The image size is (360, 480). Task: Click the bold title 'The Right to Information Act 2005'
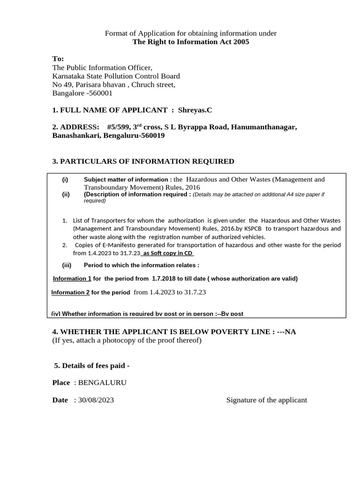[x=191, y=42]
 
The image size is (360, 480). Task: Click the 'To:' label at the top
[x=58, y=59]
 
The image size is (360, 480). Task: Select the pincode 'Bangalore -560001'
[x=82, y=93]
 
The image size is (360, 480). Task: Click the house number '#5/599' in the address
[x=117, y=127]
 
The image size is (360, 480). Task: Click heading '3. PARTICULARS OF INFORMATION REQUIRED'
[x=143, y=162]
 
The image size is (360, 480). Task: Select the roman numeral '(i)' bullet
[x=65, y=180]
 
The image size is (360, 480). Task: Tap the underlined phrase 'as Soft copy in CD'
[x=167, y=253]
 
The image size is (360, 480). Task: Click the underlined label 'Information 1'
[x=72, y=278]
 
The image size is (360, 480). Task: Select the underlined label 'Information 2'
[x=70, y=292]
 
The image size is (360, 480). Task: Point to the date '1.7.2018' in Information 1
[x=165, y=278]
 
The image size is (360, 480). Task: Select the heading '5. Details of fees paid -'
[x=92, y=366]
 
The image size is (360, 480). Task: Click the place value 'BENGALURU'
[x=102, y=382]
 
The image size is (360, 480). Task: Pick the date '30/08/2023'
[x=96, y=400]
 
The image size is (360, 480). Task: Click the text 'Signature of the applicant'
[x=266, y=400]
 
